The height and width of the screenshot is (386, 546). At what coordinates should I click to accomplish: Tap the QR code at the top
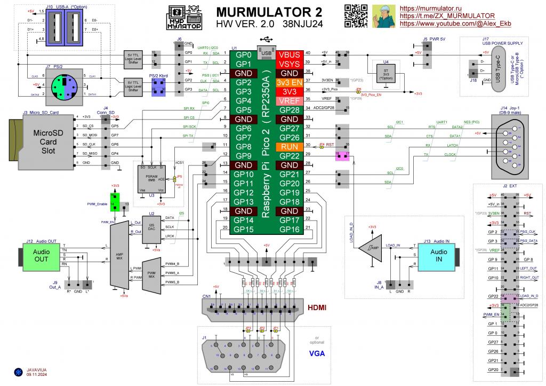click(x=355, y=15)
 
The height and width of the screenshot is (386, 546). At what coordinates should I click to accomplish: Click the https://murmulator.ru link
click(x=430, y=9)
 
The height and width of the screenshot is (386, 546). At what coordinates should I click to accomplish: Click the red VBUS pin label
click(x=290, y=54)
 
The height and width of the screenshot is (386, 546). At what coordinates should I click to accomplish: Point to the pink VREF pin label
click(x=290, y=101)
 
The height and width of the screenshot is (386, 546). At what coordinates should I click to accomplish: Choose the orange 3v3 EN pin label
click(x=290, y=82)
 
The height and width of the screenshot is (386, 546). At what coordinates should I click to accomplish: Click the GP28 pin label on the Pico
click(x=290, y=110)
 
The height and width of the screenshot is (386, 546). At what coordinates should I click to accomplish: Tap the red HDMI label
click(x=318, y=308)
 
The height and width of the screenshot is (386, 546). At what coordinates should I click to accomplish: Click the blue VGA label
click(x=318, y=352)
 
